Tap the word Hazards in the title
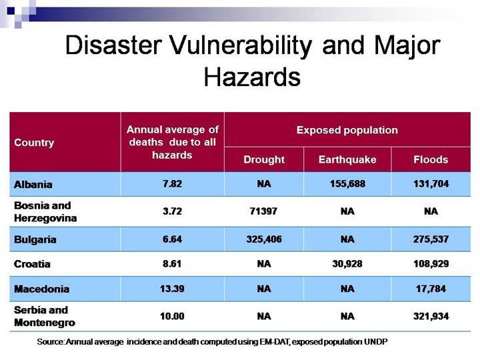tap(252, 77)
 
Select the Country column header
tap(34, 143)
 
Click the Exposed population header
tap(347, 130)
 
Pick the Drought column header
tap(264, 159)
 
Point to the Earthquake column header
tap(347, 159)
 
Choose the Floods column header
tap(431, 159)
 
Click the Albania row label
tap(33, 184)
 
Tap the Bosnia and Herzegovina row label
tap(45, 211)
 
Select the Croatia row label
tap(32, 263)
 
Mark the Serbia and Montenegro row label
tap(45, 316)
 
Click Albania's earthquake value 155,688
tap(347, 184)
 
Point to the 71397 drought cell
tap(264, 211)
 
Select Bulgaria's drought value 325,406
tap(264, 239)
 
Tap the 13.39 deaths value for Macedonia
tap(172, 289)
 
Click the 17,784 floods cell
tap(431, 289)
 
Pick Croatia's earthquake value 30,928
tap(347, 263)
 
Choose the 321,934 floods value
tap(431, 316)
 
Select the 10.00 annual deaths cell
tap(172, 316)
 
